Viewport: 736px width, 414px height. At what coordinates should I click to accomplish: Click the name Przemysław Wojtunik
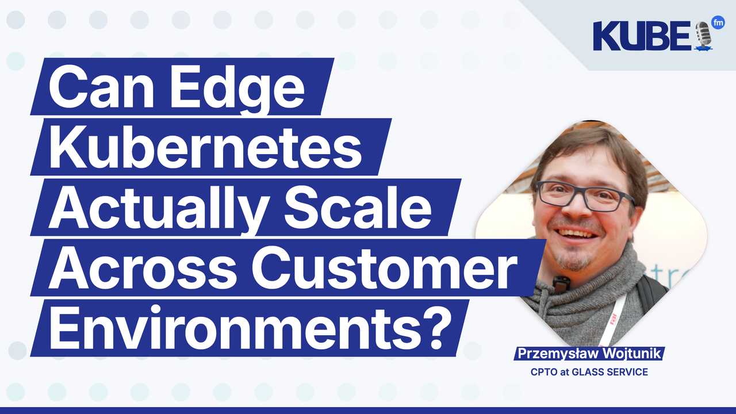pyautogui.click(x=589, y=354)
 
